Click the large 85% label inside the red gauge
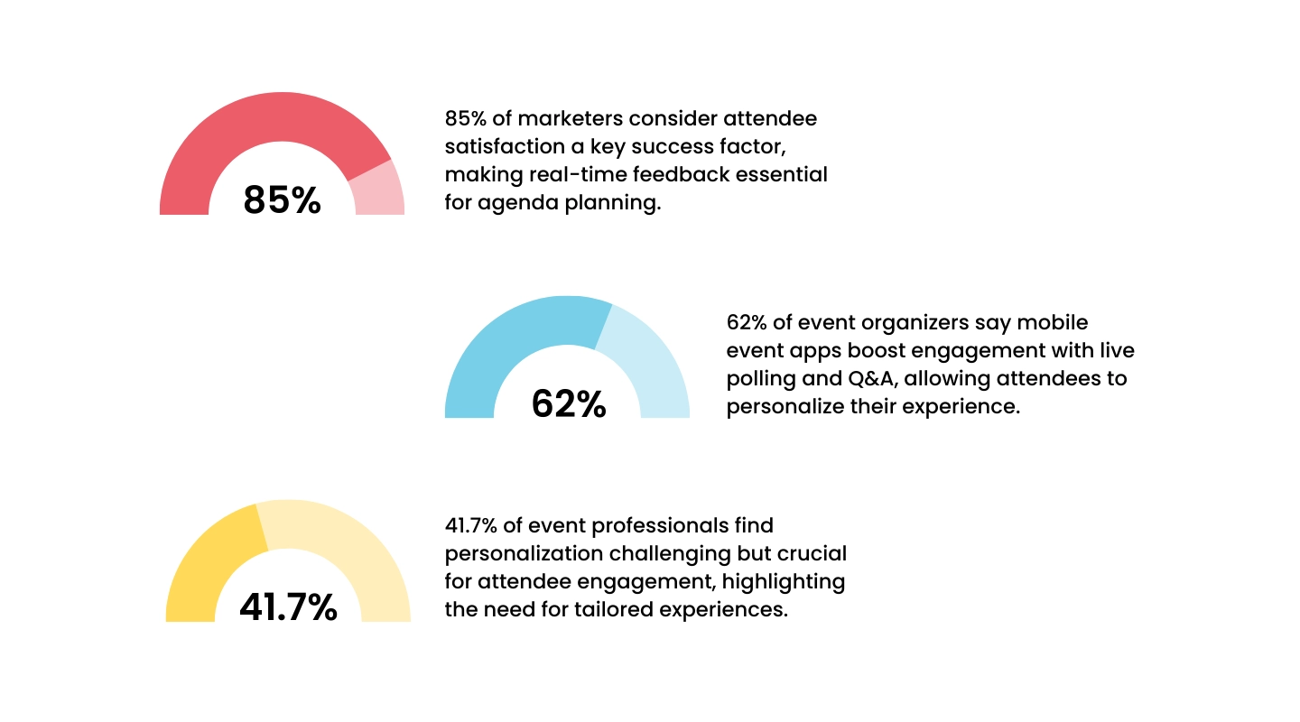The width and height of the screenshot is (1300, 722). tap(282, 200)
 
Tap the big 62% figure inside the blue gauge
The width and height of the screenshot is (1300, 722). tap(568, 404)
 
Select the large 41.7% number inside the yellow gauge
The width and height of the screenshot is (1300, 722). tap(288, 608)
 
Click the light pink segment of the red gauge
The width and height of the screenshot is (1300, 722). tap(378, 191)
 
